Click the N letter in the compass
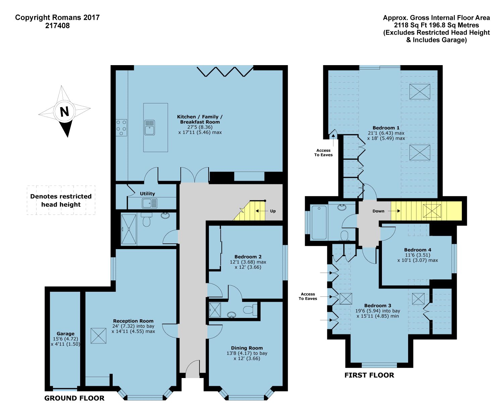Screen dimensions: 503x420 click(x=64, y=111)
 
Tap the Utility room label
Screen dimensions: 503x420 click(x=147, y=193)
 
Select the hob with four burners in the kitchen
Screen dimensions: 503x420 click(x=121, y=128)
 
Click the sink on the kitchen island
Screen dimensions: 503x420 click(x=150, y=128)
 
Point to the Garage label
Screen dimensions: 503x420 click(x=65, y=334)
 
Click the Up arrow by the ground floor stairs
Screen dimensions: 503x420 click(x=262, y=211)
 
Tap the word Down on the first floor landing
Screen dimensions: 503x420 click(x=378, y=211)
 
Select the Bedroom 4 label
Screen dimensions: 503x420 click(x=417, y=250)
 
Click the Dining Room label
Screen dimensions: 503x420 click(x=247, y=348)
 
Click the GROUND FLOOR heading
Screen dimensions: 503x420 click(x=74, y=398)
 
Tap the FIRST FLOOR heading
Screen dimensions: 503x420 click(x=369, y=375)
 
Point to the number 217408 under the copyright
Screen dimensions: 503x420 click(x=57, y=26)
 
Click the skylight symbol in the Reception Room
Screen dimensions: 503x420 click(x=98, y=336)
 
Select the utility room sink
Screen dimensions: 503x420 click(x=149, y=203)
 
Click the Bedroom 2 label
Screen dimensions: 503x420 click(x=248, y=257)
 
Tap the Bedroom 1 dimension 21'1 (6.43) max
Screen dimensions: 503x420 click(x=386, y=133)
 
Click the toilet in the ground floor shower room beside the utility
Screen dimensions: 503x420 click(x=147, y=220)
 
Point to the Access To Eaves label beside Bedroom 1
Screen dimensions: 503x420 click(x=323, y=153)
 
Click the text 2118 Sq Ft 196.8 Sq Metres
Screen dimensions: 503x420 click(x=436, y=25)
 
